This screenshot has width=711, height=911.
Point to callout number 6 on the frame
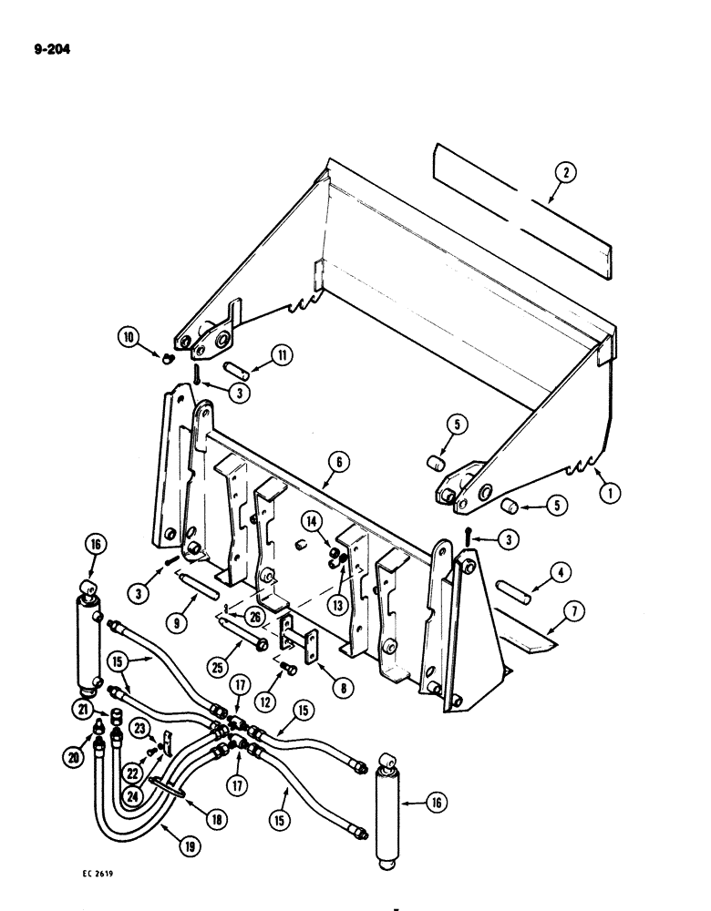coord(336,463)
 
